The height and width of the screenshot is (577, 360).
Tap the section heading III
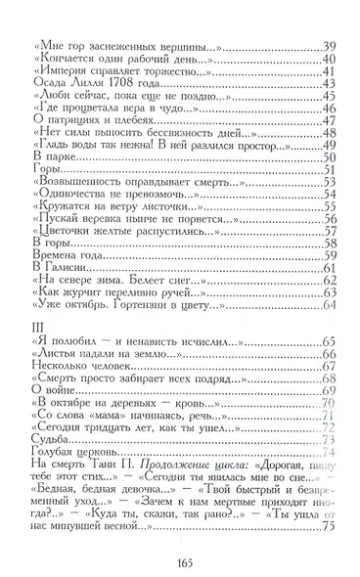pyautogui.click(x=37, y=322)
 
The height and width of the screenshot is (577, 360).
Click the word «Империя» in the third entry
pyautogui.click(x=64, y=69)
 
